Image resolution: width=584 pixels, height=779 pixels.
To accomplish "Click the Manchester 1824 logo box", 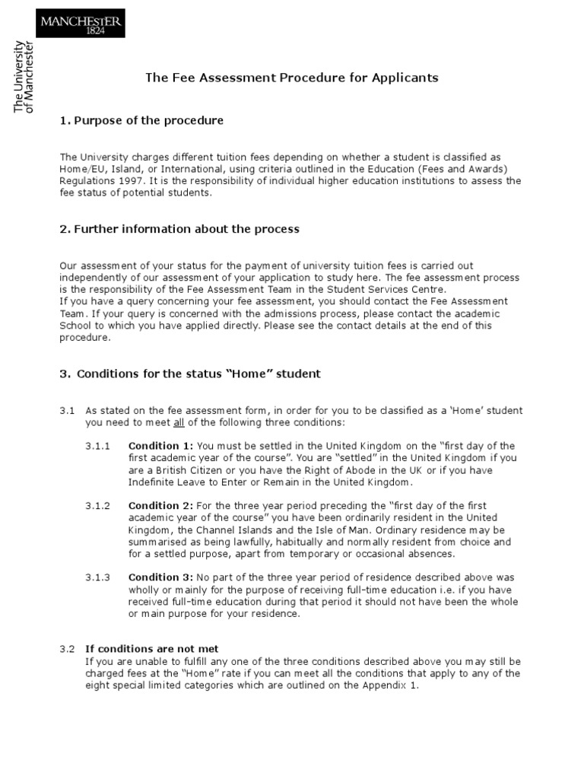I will click(80, 23).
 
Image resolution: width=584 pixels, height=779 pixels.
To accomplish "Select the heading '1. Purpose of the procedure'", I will click(141, 121).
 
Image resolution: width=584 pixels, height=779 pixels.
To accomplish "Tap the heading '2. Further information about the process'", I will click(179, 229).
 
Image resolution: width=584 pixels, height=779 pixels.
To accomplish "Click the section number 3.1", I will click(67, 411).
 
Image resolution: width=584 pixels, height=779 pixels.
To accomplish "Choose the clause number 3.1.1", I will click(97, 446).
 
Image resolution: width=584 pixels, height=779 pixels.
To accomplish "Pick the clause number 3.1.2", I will click(97, 506).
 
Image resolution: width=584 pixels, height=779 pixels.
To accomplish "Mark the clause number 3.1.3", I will click(97, 577).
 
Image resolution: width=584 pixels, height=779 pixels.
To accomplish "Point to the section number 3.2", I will click(67, 649).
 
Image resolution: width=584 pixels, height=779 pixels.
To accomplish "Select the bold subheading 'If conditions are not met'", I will click(151, 649).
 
